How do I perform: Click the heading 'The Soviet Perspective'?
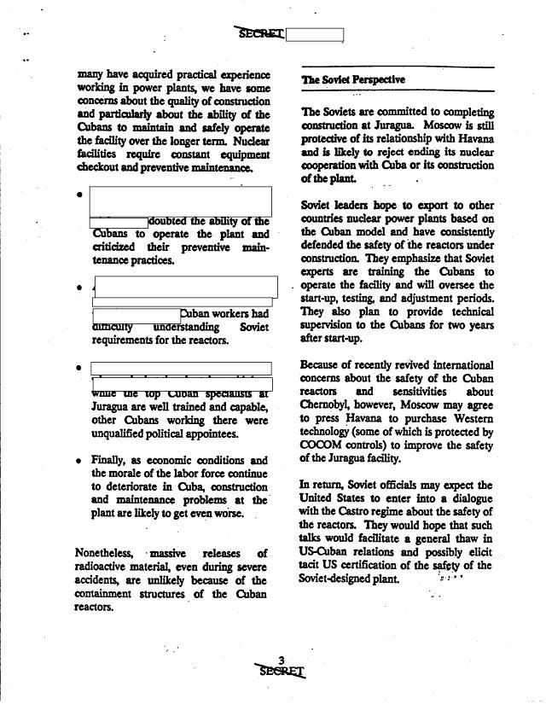pos(352,80)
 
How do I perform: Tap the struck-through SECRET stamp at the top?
pos(259,33)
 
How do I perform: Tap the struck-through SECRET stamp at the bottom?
pos(282,670)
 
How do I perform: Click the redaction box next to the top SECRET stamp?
pos(315,35)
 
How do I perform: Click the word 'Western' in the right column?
pos(468,419)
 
